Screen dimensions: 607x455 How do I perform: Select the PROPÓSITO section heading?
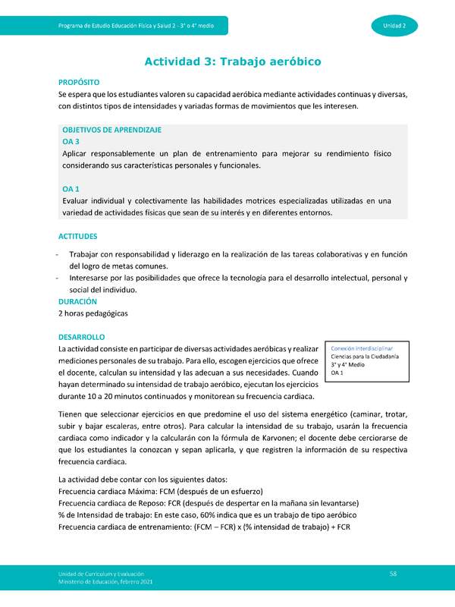coord(78,81)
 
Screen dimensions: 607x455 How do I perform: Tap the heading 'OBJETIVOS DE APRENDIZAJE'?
coord(111,130)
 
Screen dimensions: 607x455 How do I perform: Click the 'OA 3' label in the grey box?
coord(71,141)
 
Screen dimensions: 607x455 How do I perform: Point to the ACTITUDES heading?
coord(77,236)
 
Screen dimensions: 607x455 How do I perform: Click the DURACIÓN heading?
coord(77,301)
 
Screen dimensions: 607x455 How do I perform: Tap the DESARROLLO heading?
coord(82,335)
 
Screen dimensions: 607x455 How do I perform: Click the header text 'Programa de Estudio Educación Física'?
coord(140,27)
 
